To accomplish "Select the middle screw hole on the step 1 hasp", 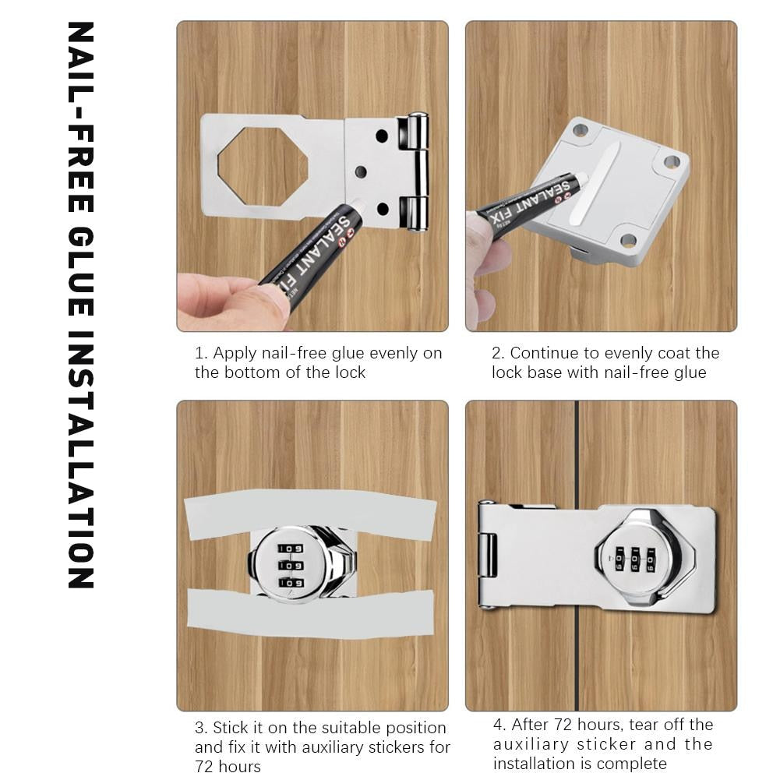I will click(x=360, y=171).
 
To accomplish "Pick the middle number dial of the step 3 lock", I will click(x=291, y=565).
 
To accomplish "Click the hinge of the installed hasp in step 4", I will click(x=488, y=555).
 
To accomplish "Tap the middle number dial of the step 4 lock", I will click(x=635, y=558).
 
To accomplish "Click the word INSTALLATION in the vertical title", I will click(x=81, y=460).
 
